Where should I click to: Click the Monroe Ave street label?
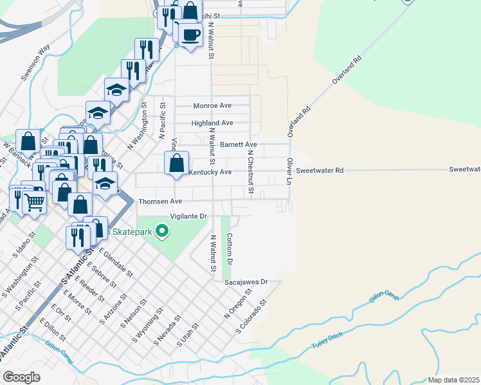point(212,105)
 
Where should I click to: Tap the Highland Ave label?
point(212,123)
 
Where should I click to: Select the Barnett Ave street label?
point(238,145)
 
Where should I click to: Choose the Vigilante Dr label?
point(188,216)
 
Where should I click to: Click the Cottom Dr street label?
point(229,249)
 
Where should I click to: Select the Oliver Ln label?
point(290,169)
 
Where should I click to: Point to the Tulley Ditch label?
point(327,340)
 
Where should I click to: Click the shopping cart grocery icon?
point(35,202)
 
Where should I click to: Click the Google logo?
point(21,377)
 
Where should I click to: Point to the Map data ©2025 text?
point(453,380)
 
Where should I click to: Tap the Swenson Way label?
point(35,62)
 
